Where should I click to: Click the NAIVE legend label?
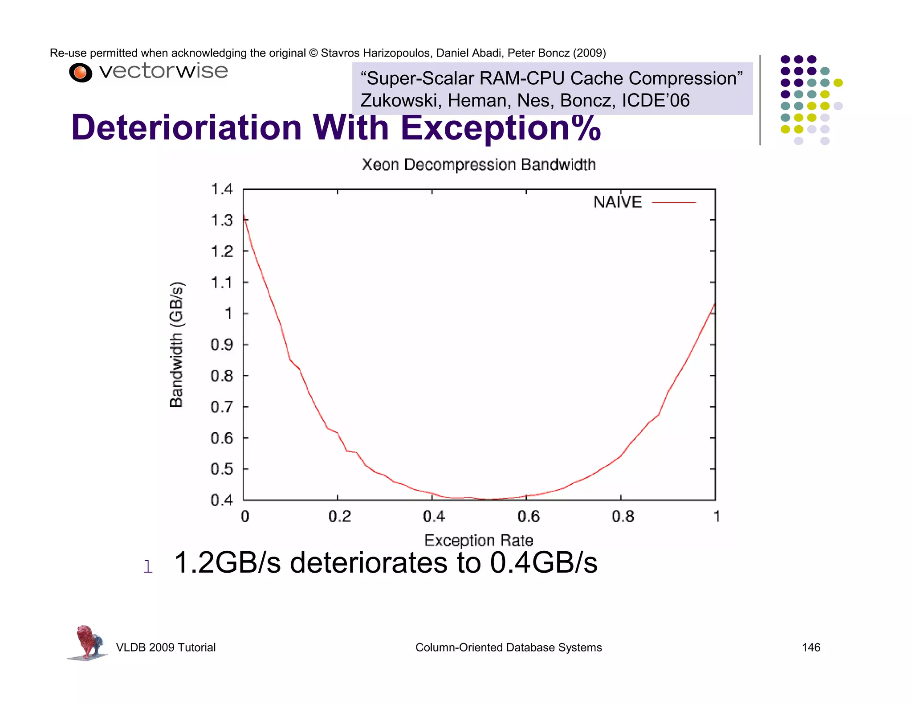click(x=617, y=202)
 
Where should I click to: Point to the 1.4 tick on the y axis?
click(x=221, y=189)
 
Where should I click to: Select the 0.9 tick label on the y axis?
click(x=221, y=345)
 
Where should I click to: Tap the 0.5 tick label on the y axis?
click(x=221, y=469)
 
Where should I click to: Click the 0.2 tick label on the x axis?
click(x=339, y=516)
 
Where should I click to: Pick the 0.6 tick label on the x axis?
click(x=528, y=516)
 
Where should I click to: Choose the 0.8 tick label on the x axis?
click(x=623, y=516)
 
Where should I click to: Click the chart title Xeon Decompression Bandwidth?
click(x=478, y=164)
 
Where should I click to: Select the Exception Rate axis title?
click(x=478, y=540)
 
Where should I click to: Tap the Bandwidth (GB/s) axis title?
click(x=176, y=344)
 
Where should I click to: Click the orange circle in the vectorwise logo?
click(x=80, y=73)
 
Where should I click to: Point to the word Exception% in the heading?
click(x=501, y=128)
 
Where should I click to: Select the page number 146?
click(x=810, y=648)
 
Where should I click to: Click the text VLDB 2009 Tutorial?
click(x=166, y=648)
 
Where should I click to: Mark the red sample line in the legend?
click(x=673, y=202)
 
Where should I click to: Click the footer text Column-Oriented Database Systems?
click(x=508, y=648)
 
